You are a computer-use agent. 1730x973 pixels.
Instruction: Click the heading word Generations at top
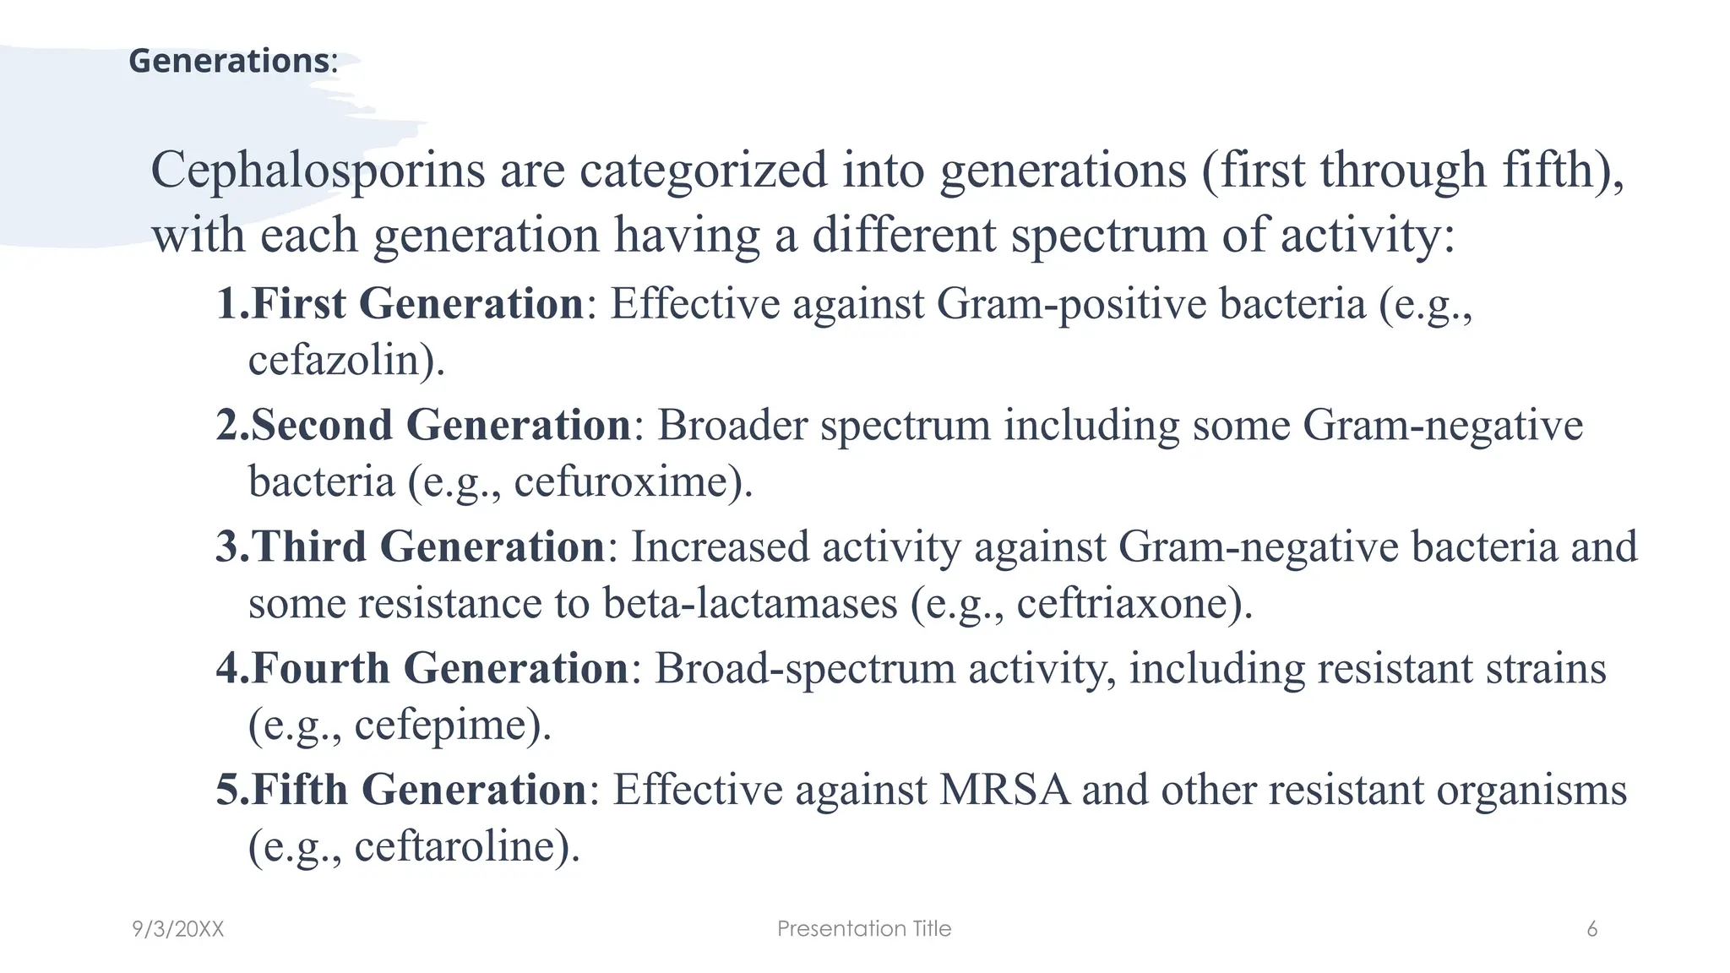coord(228,61)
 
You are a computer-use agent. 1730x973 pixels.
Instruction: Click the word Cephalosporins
coord(318,170)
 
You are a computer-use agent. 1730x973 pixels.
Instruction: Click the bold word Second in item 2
coord(322,425)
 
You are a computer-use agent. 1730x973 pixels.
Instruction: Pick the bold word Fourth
coord(321,668)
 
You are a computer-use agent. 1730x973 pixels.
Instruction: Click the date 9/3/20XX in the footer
coord(178,929)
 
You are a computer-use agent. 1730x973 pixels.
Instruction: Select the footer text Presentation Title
coord(864,929)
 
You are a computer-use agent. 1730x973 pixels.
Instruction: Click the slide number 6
coord(1592,929)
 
